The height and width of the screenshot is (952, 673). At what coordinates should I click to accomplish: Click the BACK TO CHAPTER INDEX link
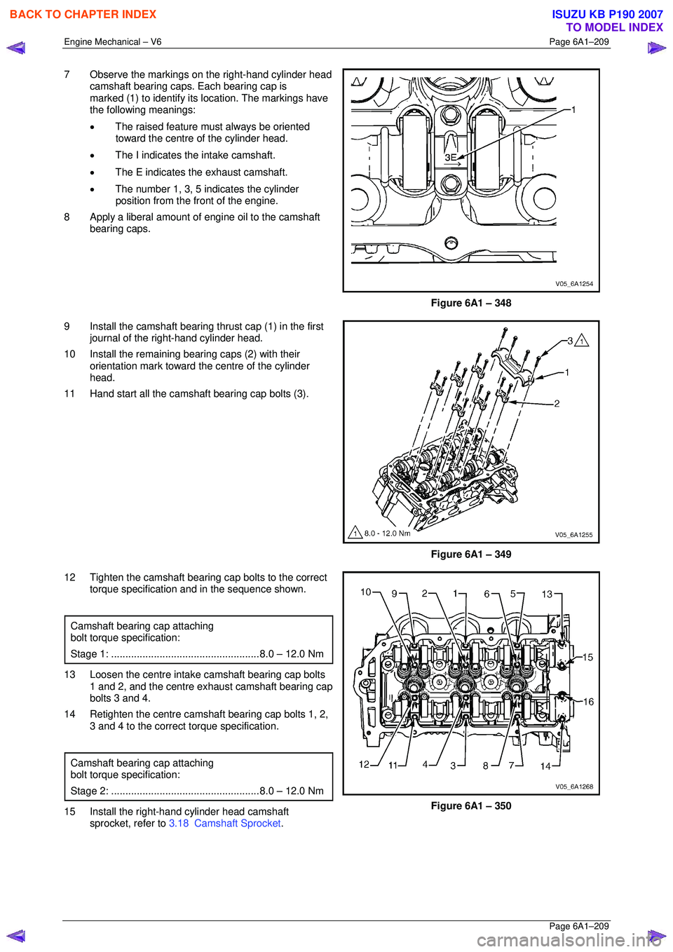click(83, 14)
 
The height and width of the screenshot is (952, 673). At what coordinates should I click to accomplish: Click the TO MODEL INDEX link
click(614, 27)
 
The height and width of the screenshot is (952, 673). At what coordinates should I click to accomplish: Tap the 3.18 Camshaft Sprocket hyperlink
click(225, 823)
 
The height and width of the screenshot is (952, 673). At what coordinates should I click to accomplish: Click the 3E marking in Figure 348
click(450, 158)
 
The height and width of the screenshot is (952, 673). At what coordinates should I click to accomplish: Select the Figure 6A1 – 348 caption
click(470, 303)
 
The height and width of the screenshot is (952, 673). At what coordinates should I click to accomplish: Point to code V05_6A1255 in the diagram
click(573, 535)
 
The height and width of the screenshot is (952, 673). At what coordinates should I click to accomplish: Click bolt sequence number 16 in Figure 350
click(588, 702)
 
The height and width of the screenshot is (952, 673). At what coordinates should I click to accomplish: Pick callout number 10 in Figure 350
click(365, 592)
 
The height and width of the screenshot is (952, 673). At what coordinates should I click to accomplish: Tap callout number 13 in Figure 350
click(547, 594)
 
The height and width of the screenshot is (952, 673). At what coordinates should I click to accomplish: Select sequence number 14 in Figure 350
click(545, 766)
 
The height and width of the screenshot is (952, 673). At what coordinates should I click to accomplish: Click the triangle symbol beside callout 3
click(581, 341)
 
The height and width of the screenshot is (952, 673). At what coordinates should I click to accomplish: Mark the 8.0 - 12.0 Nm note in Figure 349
click(387, 533)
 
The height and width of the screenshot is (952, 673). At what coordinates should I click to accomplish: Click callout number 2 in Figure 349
click(557, 403)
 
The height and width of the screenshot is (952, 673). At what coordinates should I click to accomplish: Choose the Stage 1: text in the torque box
click(89, 654)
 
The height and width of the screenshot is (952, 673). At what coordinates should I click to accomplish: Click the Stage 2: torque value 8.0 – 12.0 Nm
click(292, 791)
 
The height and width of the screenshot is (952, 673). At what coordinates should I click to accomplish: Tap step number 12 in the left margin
click(69, 578)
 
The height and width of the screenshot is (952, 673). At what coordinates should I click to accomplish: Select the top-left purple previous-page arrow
click(16, 48)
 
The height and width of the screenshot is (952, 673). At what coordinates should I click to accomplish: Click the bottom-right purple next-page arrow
click(656, 935)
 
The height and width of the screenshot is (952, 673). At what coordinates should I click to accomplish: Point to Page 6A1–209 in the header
click(579, 42)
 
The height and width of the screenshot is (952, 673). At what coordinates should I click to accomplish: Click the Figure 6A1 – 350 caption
click(470, 805)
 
